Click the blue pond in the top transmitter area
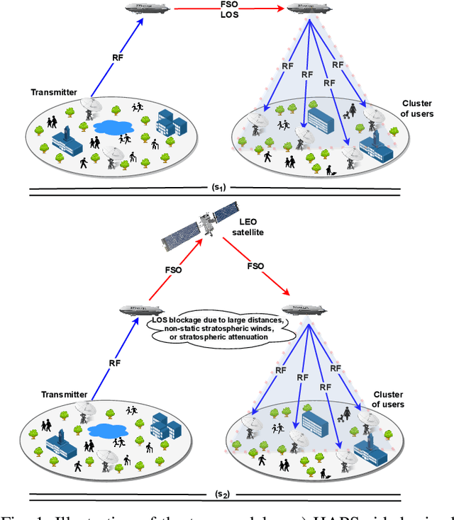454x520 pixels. [x=115, y=128]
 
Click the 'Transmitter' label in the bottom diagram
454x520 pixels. [x=64, y=395]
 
